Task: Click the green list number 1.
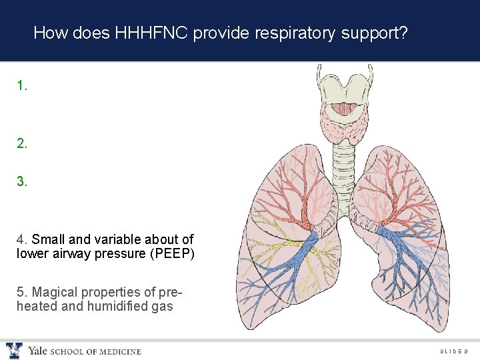23,86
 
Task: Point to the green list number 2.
23,143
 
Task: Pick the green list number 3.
23,181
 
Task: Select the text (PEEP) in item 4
173,253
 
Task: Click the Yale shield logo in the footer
14,351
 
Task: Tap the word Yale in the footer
37,351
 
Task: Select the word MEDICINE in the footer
121,352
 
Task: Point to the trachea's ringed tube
344,167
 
